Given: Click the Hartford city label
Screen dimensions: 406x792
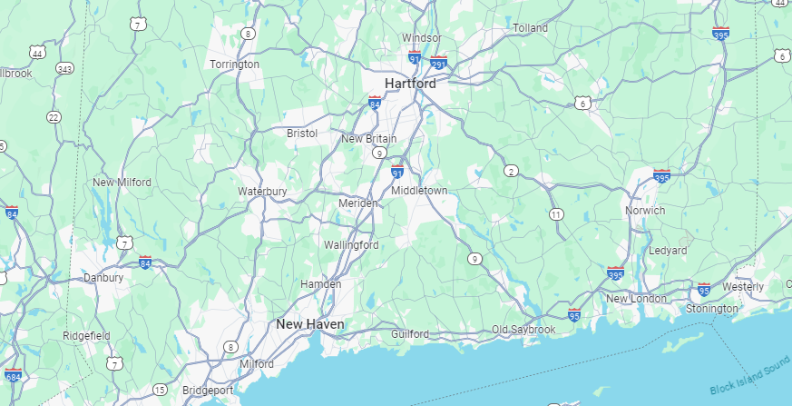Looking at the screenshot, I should (x=410, y=83).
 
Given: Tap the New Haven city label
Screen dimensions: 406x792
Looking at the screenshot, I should (x=309, y=323).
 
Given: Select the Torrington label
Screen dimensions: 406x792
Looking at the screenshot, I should (x=234, y=64).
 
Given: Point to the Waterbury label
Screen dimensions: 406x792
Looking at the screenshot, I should (x=262, y=192).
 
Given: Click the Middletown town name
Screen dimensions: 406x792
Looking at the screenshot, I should (x=419, y=191).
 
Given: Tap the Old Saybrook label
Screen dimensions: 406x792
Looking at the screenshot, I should (x=523, y=329).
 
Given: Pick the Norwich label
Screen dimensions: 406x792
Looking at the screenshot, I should (x=645, y=210).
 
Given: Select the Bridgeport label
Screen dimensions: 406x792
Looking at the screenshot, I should (x=208, y=391).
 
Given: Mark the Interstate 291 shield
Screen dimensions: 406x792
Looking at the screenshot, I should (x=439, y=64).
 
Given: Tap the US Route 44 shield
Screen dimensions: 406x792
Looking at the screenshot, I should (x=38, y=53).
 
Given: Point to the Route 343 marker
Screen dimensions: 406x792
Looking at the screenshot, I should (x=64, y=68).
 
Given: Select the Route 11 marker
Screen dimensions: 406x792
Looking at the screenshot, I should (x=555, y=214).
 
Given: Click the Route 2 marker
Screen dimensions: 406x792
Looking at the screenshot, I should (x=512, y=171).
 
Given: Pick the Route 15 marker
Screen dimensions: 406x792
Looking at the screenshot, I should (x=160, y=390).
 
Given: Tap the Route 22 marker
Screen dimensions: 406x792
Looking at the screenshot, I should (x=54, y=117).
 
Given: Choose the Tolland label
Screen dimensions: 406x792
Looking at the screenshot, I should (x=531, y=28).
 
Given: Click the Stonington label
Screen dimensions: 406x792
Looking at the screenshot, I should (x=712, y=309).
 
